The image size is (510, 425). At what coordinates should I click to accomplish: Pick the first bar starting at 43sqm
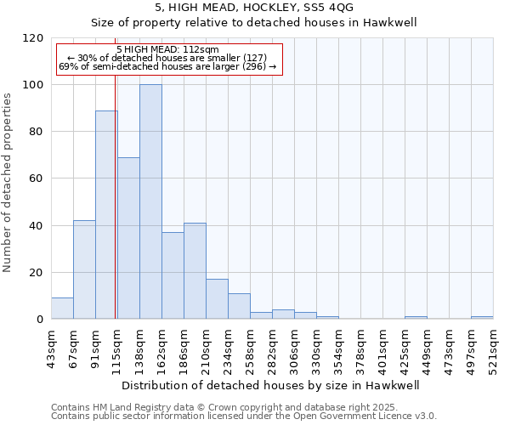[62, 309]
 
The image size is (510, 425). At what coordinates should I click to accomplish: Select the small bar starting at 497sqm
[482, 318]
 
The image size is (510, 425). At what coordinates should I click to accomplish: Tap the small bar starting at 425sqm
[416, 318]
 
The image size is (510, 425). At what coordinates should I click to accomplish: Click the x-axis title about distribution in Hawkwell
[272, 385]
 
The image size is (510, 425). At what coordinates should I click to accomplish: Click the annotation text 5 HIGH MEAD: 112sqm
[167, 49]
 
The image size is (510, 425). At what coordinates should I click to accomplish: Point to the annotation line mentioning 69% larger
[167, 66]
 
